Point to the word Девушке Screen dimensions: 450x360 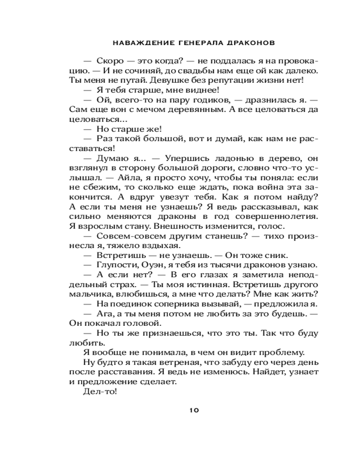(x=160, y=80)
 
